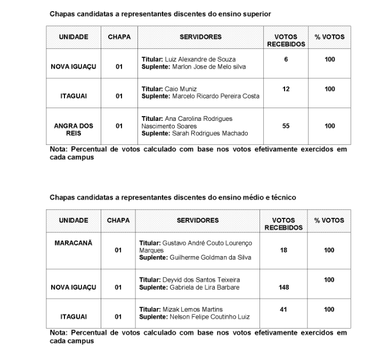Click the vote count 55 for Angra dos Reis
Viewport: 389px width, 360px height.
click(x=286, y=126)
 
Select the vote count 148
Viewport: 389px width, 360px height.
click(x=283, y=288)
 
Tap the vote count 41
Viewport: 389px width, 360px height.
click(x=283, y=309)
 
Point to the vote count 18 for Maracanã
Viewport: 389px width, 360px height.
click(x=283, y=250)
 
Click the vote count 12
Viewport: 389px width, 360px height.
click(x=286, y=89)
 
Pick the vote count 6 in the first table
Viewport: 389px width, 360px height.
click(x=286, y=59)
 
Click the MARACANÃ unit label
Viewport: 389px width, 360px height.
click(x=74, y=243)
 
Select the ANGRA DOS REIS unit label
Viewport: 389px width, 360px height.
click(x=74, y=129)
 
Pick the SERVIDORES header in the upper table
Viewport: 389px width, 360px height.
click(x=201, y=37)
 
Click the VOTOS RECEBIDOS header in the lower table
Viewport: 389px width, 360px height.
click(x=283, y=224)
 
